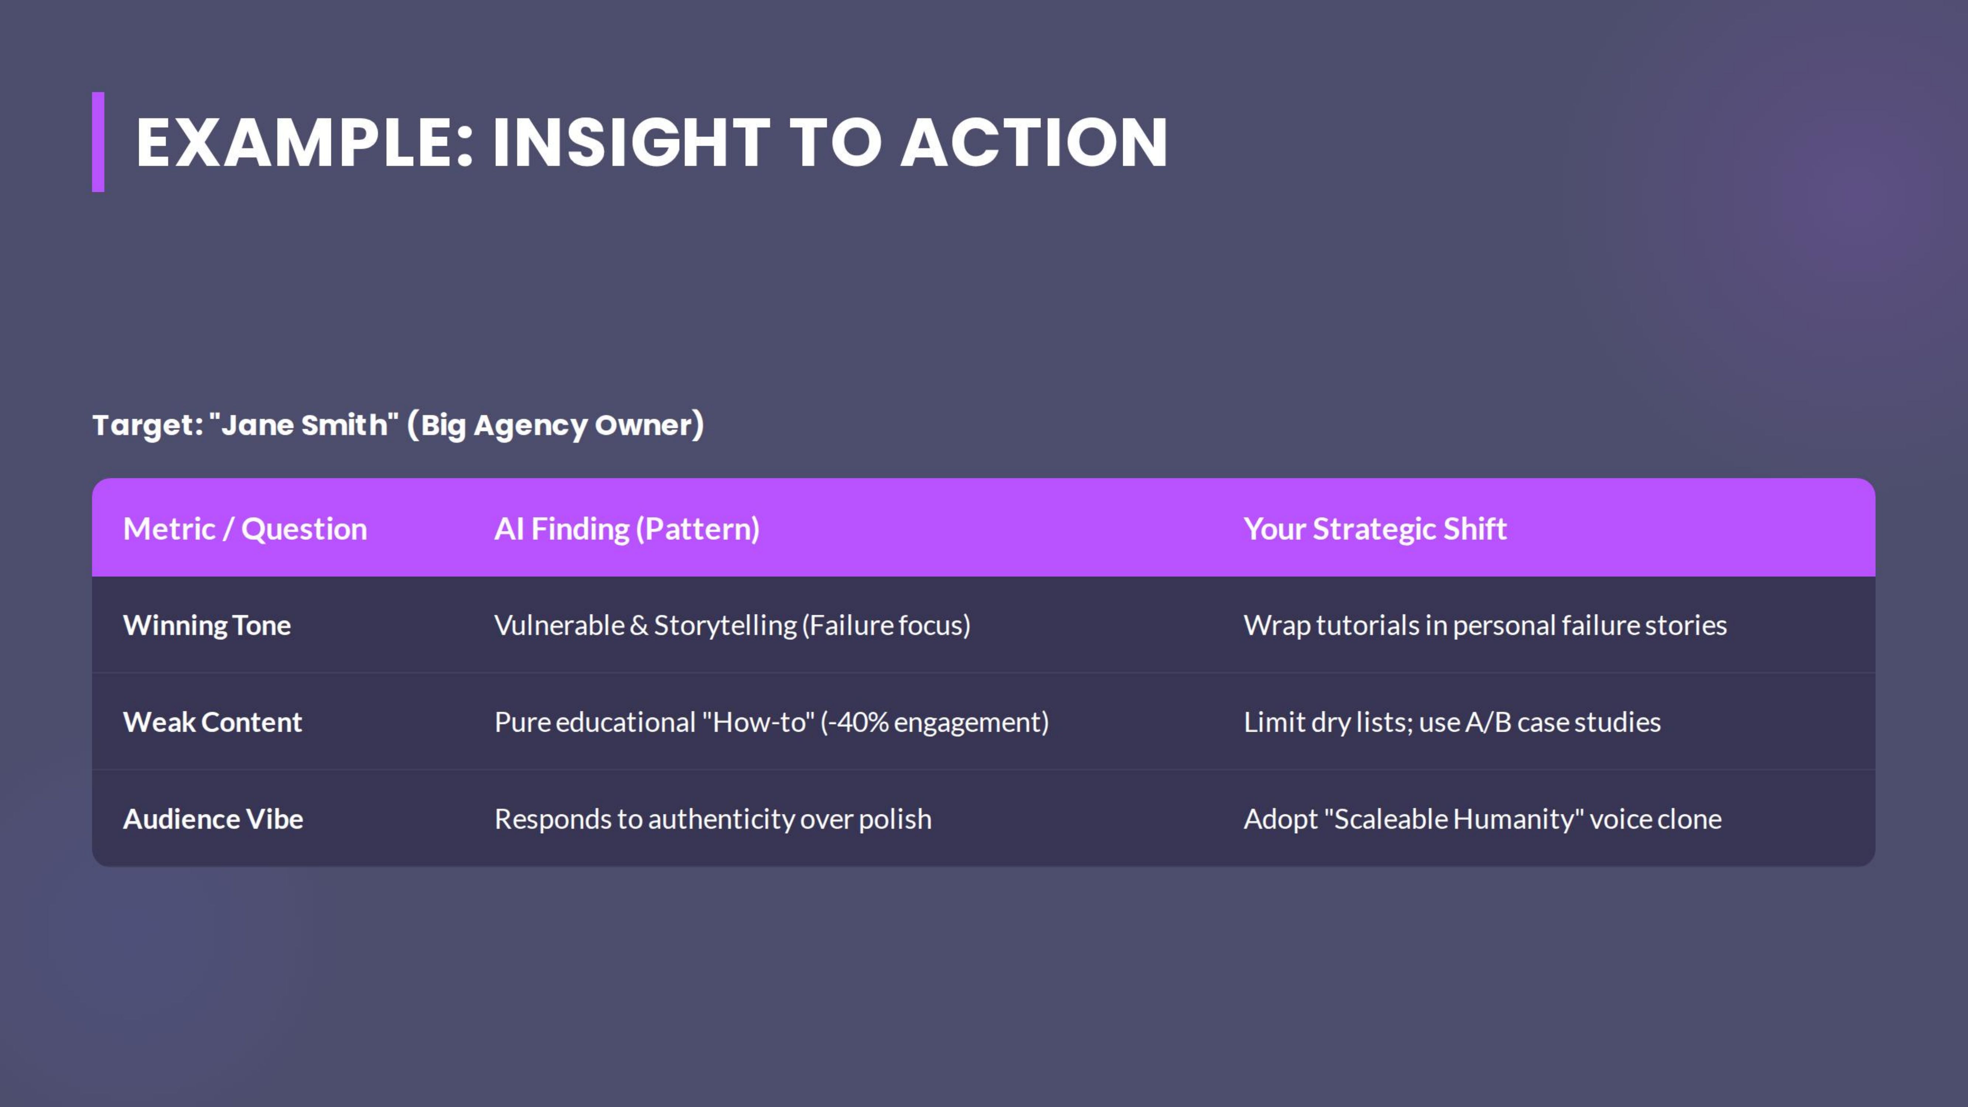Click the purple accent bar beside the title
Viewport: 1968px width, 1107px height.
click(98, 142)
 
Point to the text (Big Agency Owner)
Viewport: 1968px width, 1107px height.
click(555, 425)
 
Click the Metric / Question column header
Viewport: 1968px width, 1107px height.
click(245, 529)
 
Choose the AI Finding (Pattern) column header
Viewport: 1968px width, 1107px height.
click(626, 529)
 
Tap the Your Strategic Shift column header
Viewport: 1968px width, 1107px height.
click(1374, 529)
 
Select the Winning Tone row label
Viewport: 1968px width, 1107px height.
click(206, 625)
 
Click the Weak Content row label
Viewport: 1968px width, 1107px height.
click(213, 722)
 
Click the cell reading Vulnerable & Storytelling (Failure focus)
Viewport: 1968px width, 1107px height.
click(732, 625)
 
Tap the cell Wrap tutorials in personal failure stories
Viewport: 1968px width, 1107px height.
click(1484, 625)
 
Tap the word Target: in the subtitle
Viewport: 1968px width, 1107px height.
click(148, 425)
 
